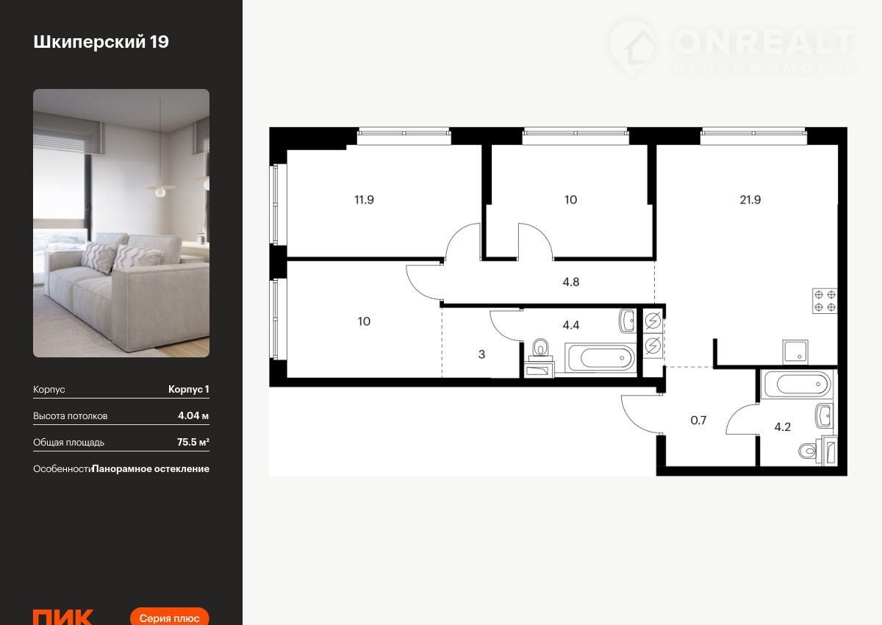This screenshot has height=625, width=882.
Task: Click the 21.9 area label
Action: click(750, 200)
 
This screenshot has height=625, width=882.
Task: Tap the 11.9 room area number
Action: click(365, 200)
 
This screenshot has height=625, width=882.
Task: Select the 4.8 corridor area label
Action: click(570, 282)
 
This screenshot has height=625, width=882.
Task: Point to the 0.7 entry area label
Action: click(698, 420)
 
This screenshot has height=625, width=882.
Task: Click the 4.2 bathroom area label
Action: click(782, 427)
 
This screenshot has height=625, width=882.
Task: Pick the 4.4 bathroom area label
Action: click(570, 325)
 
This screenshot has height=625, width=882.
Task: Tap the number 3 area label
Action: click(481, 354)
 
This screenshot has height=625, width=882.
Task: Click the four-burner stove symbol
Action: click(825, 301)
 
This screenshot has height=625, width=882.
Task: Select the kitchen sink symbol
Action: click(795, 352)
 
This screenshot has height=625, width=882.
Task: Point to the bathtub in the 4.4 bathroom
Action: click(600, 357)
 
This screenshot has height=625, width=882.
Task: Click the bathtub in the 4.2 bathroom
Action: click(797, 384)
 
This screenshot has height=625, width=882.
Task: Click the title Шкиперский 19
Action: click(101, 42)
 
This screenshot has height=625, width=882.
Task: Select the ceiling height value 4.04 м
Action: click(193, 416)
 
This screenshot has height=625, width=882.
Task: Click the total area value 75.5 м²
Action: click(193, 442)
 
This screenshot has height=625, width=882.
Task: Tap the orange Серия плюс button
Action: click(169, 617)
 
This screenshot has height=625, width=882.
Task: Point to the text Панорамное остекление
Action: click(151, 469)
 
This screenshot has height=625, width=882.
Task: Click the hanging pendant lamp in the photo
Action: click(160, 189)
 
